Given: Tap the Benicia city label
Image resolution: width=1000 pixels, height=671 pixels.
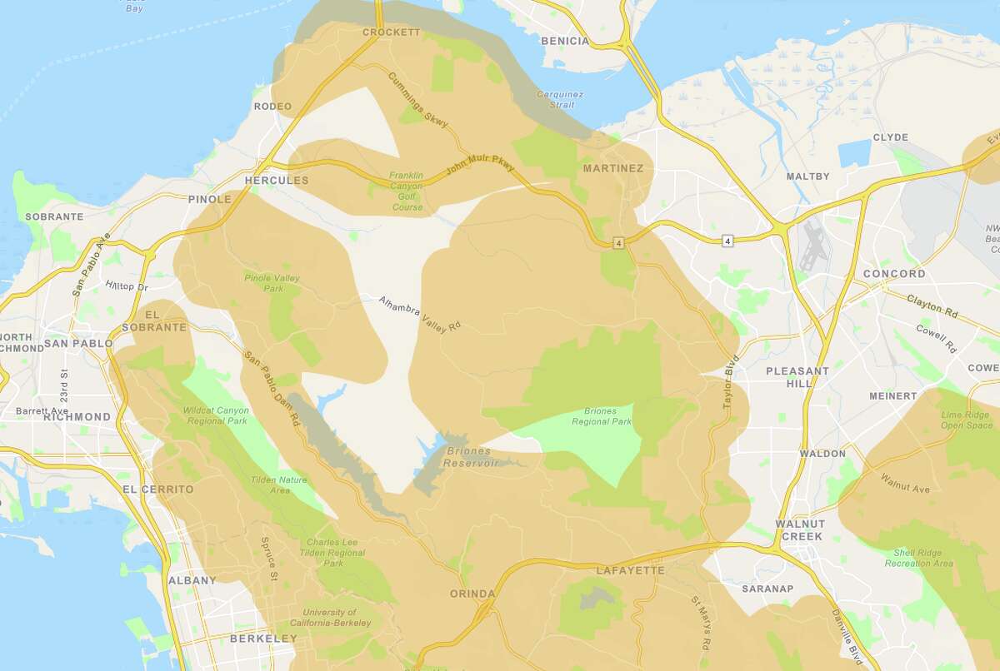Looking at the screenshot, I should [564, 41].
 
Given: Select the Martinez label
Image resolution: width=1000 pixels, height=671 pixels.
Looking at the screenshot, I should [613, 169].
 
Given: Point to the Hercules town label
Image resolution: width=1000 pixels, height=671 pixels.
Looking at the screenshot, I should [277, 181].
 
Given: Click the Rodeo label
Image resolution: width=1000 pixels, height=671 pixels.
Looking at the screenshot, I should [273, 107].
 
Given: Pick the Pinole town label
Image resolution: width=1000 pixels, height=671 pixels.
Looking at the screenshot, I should [209, 200].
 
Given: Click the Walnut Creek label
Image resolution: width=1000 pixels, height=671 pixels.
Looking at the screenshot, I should [799, 530].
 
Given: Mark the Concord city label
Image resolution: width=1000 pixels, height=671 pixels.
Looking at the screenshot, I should [894, 274].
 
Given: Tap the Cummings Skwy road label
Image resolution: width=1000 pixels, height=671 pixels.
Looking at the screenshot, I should [418, 100].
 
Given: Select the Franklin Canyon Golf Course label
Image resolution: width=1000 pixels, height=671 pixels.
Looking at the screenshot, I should [407, 191].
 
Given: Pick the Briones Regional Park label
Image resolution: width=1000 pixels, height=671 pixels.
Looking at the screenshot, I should [601, 416].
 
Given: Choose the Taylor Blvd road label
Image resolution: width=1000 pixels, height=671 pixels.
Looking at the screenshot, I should [732, 384].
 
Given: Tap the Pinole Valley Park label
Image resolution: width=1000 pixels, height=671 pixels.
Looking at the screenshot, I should [272, 283].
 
